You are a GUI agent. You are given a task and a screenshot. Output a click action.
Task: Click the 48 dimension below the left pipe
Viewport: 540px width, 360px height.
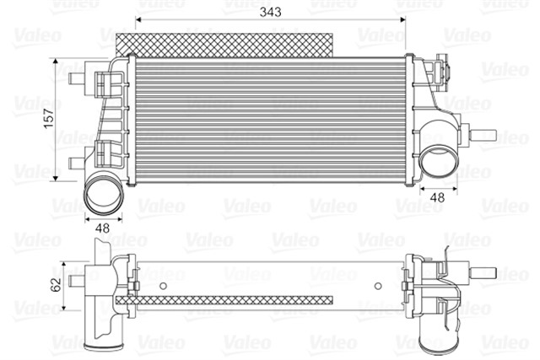(x=103, y=228)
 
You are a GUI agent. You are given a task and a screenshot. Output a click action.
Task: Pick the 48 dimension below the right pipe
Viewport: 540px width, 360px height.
(x=437, y=197)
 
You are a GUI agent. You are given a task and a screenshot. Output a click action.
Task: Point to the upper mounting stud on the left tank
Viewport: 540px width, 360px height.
(x=76, y=80)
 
